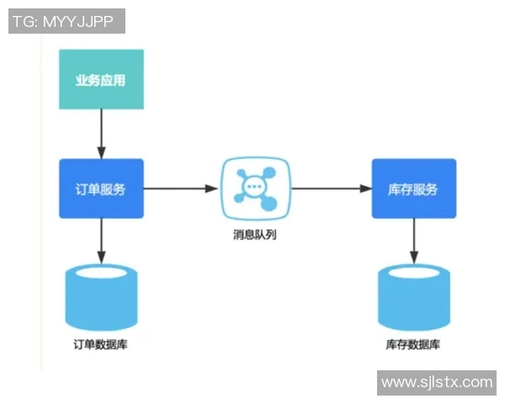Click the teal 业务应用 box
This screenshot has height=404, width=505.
point(101,79)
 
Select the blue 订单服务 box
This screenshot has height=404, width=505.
point(101,189)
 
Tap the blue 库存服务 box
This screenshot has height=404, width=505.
point(413,189)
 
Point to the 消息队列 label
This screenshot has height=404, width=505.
point(255,235)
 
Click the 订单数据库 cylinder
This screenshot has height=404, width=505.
point(101,299)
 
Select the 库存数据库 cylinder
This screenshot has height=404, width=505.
point(413,299)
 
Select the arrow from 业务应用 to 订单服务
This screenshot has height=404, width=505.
point(101,134)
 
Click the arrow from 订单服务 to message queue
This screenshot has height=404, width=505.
point(181,189)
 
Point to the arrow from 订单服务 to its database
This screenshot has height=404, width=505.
point(101,240)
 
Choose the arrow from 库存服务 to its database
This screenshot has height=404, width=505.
point(413,240)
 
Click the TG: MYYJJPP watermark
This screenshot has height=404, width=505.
point(66,21)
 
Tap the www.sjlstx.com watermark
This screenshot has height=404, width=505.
point(437,382)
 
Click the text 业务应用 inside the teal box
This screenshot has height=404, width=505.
point(101,81)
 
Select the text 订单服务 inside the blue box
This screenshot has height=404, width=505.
point(101,189)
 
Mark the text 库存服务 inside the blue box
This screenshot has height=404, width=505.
point(413,189)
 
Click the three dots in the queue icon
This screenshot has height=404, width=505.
point(253,185)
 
